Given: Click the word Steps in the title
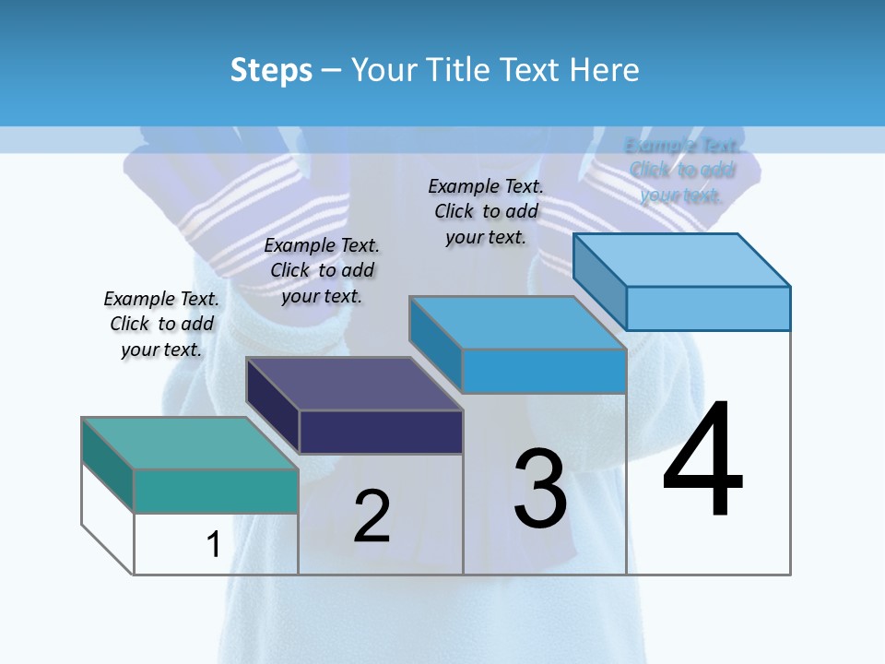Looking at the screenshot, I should click(x=271, y=71).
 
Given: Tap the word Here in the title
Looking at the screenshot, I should click(x=604, y=70).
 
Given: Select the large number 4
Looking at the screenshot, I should click(x=702, y=460).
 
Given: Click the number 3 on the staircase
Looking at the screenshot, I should click(x=540, y=489).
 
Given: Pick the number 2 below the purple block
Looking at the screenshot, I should click(x=372, y=516).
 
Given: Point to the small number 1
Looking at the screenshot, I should click(x=214, y=544).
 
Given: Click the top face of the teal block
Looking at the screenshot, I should click(x=190, y=443).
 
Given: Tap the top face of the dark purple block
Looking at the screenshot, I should click(x=354, y=383).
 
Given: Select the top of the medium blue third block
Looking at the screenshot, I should click(x=517, y=323).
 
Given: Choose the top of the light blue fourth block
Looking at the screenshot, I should click(x=681, y=260).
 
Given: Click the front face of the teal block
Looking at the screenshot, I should click(x=216, y=491).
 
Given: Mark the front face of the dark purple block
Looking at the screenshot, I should click(x=381, y=432).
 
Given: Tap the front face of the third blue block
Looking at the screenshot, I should click(x=544, y=371).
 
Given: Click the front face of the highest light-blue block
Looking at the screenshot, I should click(x=708, y=308).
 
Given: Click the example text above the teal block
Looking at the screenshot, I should click(x=161, y=324).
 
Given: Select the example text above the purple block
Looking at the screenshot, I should click(x=322, y=270).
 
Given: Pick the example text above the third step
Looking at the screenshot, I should click(x=486, y=211).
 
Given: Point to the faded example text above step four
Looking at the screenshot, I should click(x=682, y=170).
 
